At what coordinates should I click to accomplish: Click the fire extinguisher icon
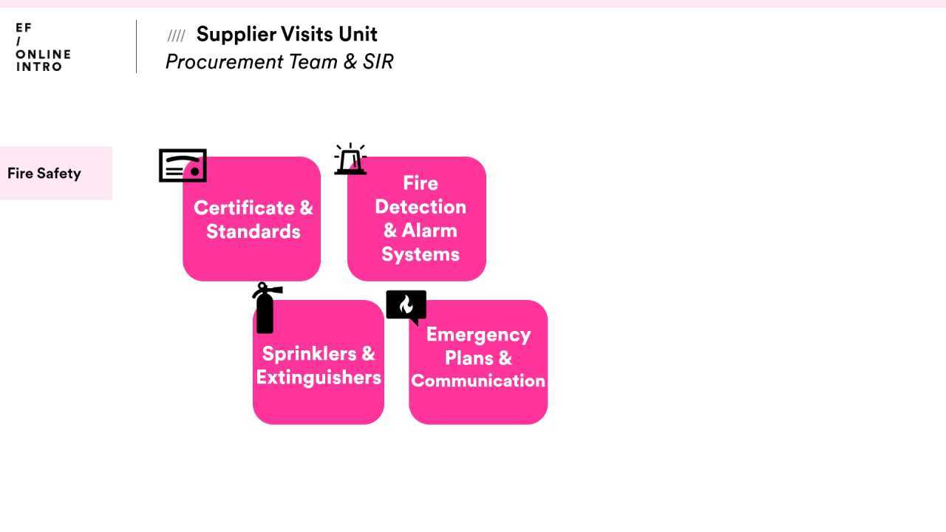point(265,309)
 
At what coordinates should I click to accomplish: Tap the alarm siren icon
point(350,160)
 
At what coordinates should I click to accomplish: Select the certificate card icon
point(183,166)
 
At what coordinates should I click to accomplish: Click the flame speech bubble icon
point(406,306)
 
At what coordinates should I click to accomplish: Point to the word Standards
point(253,231)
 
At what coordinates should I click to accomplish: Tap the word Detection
point(420,206)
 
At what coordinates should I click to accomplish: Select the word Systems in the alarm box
point(420,254)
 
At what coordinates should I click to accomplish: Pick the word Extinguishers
point(319,377)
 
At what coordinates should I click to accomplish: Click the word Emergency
point(478,334)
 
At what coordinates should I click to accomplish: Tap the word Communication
point(478,381)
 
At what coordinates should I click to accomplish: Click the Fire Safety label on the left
point(44,174)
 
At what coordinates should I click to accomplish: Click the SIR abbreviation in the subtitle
point(378,61)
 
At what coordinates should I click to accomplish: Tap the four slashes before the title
point(176,35)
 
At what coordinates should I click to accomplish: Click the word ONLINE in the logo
point(43,54)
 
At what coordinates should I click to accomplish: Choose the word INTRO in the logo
point(39,66)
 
